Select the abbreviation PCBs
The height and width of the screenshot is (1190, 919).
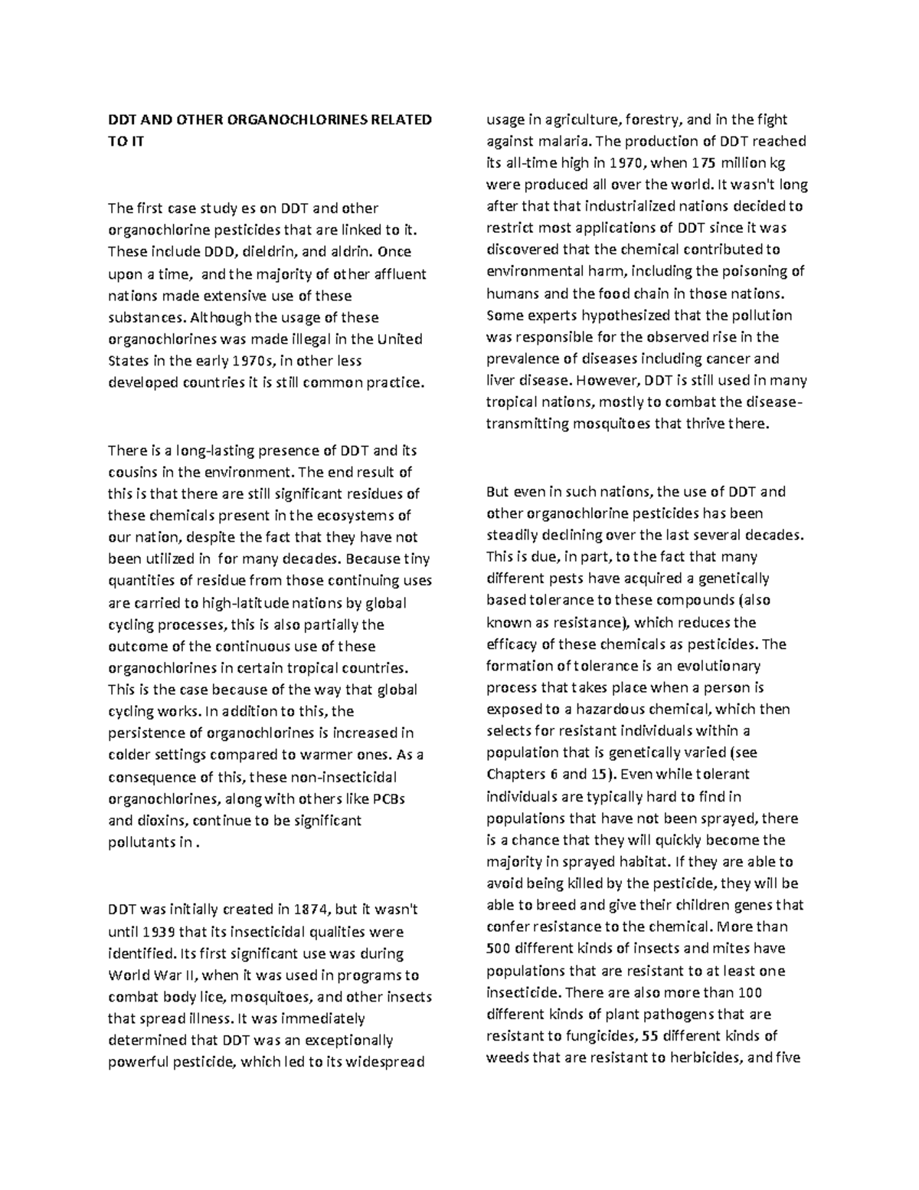(x=388, y=798)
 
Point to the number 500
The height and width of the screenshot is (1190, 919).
(x=498, y=948)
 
